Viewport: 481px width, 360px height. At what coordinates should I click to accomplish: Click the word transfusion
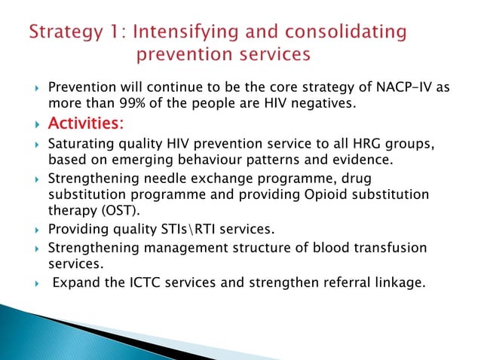[391, 248]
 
